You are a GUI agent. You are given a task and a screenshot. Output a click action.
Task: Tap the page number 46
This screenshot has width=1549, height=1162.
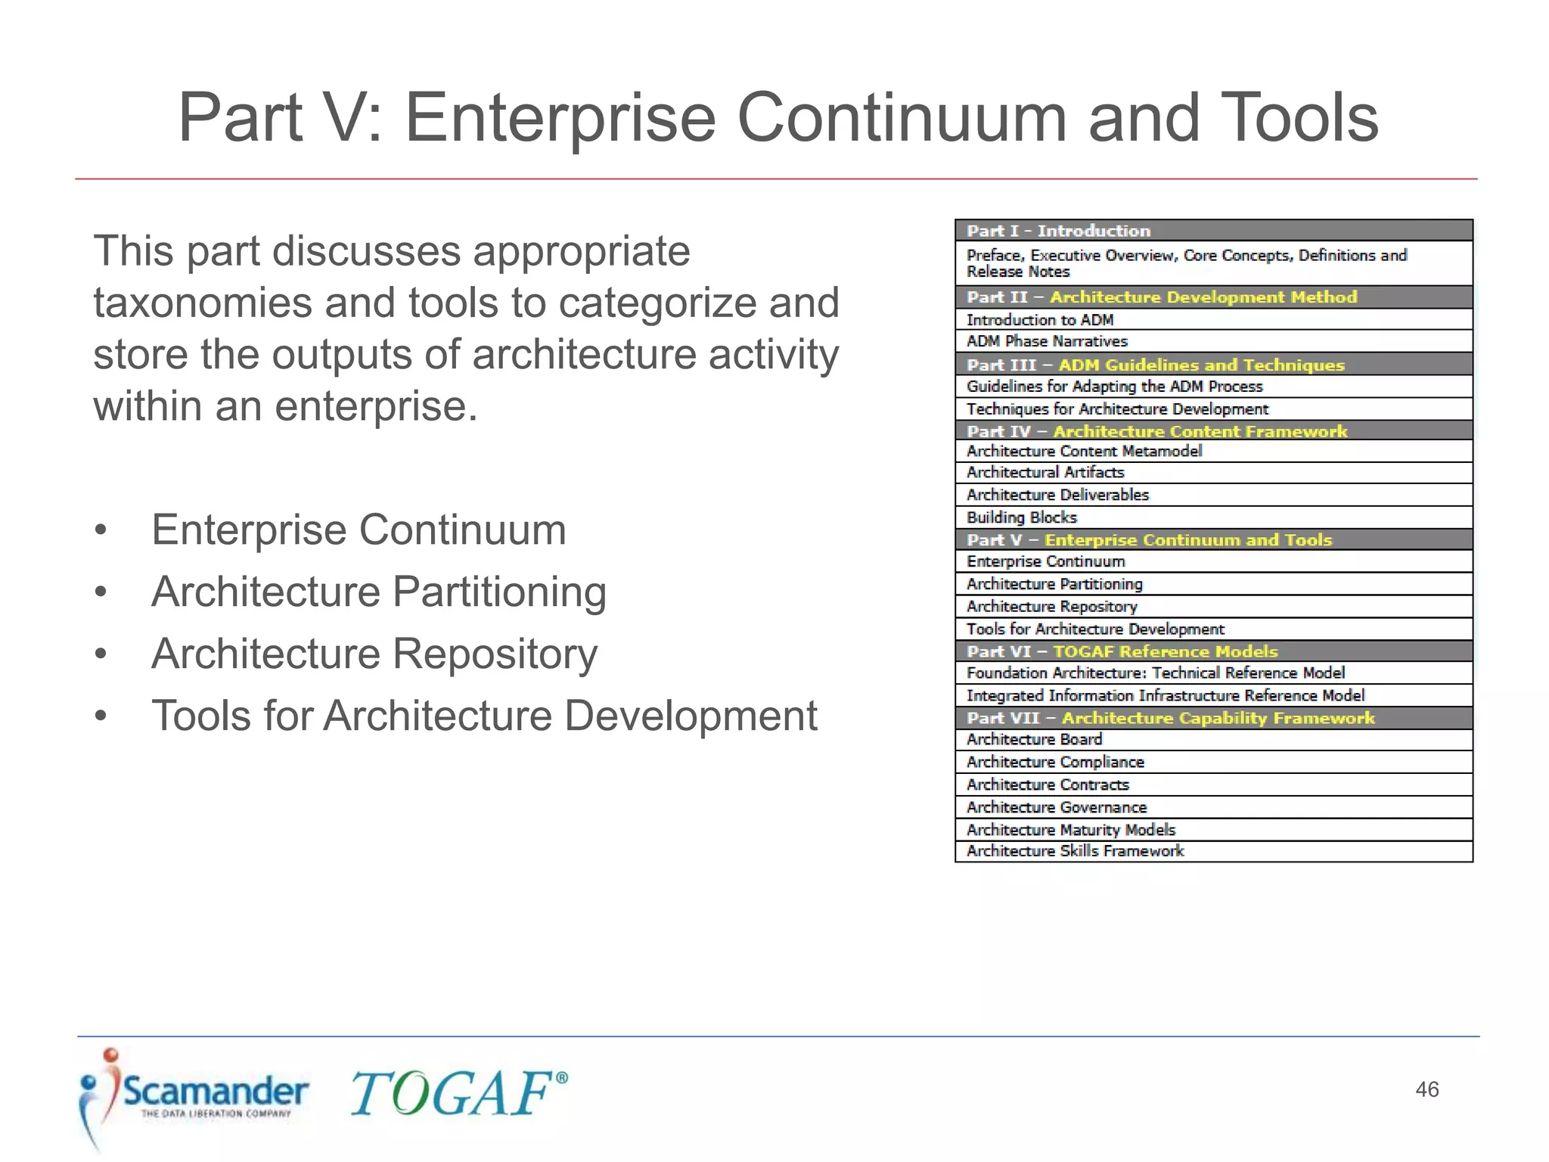[1426, 1089]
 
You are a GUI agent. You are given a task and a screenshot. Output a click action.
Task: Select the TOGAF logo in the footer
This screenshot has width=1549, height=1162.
[458, 1094]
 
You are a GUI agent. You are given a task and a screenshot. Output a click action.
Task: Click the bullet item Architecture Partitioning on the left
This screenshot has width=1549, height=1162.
[378, 592]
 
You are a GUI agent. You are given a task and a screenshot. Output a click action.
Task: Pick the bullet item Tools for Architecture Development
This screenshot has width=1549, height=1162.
[484, 716]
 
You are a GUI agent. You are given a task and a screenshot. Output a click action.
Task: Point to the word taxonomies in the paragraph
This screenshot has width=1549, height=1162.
[202, 303]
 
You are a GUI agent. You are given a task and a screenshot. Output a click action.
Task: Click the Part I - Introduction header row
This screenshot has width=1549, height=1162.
[1213, 231]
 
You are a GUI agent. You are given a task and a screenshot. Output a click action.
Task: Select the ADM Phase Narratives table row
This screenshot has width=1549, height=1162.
[1213, 341]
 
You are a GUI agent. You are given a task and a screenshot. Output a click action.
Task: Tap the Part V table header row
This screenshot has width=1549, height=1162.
[1213, 540]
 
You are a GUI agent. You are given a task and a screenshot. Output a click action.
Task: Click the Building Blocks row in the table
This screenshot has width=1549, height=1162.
[1213, 517]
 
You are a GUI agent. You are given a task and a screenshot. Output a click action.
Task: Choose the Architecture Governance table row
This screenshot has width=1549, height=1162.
[1213, 807]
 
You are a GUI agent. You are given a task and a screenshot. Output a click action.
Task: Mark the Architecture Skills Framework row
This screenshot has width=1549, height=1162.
[1213, 851]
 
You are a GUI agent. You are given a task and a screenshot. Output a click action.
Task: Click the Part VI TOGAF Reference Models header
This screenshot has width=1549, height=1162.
[1213, 651]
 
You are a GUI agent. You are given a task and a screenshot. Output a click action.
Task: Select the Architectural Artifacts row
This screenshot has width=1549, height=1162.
[1213, 472]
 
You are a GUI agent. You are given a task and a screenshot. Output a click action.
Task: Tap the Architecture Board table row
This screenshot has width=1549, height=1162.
[1213, 739]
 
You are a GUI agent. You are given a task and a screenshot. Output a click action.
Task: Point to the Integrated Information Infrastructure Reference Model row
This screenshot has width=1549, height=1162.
[1213, 695]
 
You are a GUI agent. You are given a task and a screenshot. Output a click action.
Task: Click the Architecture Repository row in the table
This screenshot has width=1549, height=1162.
[1213, 607]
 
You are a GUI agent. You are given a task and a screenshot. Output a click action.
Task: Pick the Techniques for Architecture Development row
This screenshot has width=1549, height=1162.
[1213, 409]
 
